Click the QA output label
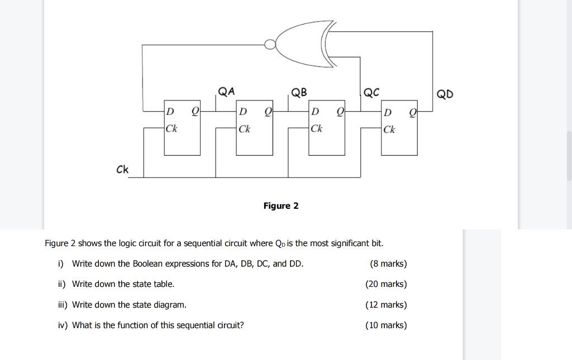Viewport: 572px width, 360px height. (x=226, y=92)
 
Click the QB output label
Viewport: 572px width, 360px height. (x=299, y=92)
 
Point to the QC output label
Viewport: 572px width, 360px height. (x=371, y=93)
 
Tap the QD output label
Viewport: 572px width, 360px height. (x=445, y=94)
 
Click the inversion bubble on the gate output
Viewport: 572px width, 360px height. (x=270, y=44)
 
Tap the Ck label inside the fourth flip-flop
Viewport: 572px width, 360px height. (x=389, y=129)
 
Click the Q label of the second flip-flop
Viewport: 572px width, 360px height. (x=268, y=112)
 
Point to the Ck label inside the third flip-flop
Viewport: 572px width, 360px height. (x=316, y=129)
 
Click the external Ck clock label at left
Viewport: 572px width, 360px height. (x=122, y=169)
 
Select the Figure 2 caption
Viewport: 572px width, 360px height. (x=281, y=206)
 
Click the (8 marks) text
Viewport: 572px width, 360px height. (x=388, y=263)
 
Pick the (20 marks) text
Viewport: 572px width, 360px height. (x=386, y=284)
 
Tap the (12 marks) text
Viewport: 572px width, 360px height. (x=386, y=305)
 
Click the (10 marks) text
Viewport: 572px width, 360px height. (x=386, y=325)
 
